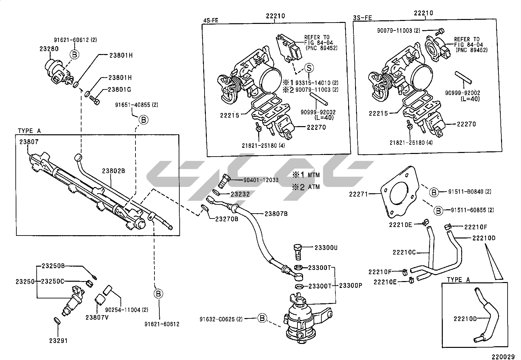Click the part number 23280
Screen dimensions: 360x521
pos(49,48)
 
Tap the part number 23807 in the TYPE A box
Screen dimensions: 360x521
pos(29,142)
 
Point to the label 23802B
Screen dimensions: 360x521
pos(114,171)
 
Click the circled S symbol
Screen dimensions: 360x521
pos(309,68)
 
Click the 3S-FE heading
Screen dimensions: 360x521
pos(363,18)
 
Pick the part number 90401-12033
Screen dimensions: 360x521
pos(261,180)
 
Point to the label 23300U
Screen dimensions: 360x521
pos(326,248)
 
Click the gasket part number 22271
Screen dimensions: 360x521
pos(359,194)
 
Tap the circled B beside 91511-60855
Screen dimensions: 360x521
pos(438,210)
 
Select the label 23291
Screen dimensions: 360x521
pos(58,341)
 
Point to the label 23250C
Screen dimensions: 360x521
pos(53,281)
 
